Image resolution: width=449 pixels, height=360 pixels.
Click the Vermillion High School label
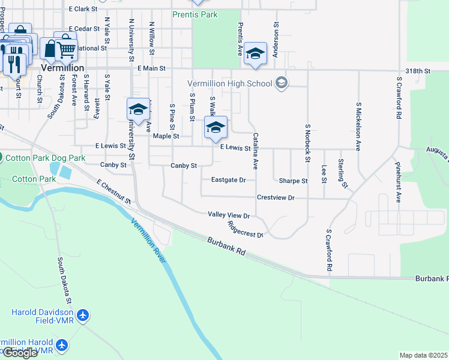tap(231, 83)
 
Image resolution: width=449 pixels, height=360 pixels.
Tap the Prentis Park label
tap(194, 14)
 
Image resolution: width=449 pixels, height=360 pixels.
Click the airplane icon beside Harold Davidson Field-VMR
tap(83, 315)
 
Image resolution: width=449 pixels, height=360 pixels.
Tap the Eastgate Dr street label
tap(228, 180)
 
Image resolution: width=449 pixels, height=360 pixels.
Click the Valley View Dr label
tap(228, 214)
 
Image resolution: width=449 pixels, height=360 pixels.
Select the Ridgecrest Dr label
tap(246, 230)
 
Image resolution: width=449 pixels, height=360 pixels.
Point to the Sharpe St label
tap(293, 181)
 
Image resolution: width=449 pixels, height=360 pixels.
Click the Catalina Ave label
tap(255, 150)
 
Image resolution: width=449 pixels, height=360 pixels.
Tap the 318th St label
tap(418, 71)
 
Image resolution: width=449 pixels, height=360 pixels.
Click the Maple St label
tap(166, 136)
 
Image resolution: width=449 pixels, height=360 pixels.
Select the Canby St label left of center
tap(113, 164)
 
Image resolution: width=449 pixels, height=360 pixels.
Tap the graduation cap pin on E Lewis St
tap(215, 127)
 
